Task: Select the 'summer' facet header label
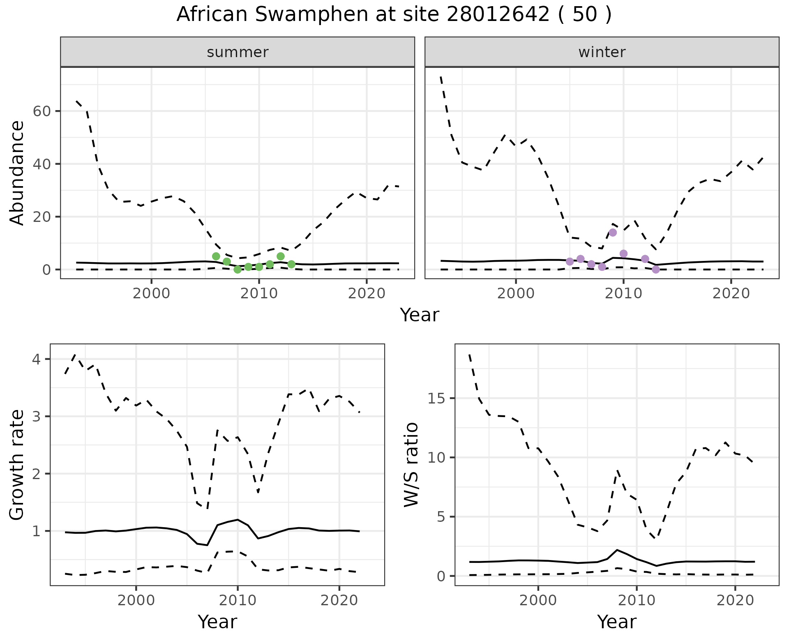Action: pos(238,52)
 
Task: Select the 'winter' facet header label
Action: pos(602,52)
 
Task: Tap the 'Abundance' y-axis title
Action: pos(17,173)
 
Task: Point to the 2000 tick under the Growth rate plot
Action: pos(136,600)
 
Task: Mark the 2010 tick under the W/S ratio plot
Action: pos(637,600)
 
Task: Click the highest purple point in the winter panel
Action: pos(613,233)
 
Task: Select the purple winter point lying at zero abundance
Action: pos(656,270)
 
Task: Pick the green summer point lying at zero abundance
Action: pos(238,270)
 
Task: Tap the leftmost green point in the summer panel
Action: pos(216,256)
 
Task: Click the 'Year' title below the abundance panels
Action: pos(419,315)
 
